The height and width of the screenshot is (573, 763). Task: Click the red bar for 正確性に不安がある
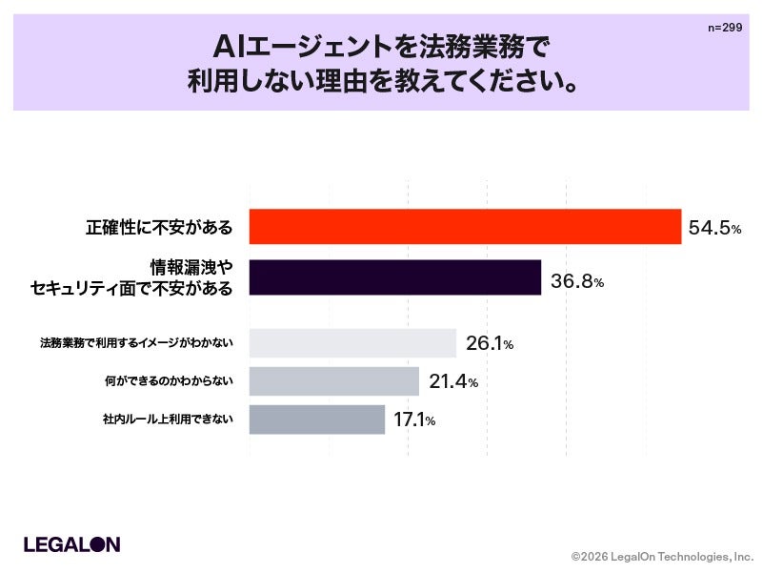pyautogui.click(x=465, y=227)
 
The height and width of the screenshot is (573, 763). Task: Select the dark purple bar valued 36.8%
pyautogui.click(x=395, y=277)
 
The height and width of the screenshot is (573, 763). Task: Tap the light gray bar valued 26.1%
pyautogui.click(x=352, y=343)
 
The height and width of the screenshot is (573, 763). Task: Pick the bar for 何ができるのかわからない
pyautogui.click(x=334, y=381)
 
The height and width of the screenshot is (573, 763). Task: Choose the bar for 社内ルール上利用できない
pyautogui.click(x=317, y=420)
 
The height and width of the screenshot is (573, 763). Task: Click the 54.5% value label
pyautogui.click(x=714, y=228)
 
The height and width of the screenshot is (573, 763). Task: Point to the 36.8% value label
pyautogui.click(x=577, y=280)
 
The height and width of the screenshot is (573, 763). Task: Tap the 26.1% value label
pyautogui.click(x=490, y=343)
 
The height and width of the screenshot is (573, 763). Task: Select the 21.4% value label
pyautogui.click(x=453, y=381)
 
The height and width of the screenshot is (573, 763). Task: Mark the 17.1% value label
pyautogui.click(x=414, y=420)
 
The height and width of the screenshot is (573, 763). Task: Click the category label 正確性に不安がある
pyautogui.click(x=159, y=228)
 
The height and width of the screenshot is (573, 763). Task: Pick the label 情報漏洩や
pyautogui.click(x=191, y=267)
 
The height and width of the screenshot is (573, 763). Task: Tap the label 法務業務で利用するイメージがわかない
pyautogui.click(x=136, y=343)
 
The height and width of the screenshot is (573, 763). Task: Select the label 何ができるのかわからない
pyautogui.click(x=169, y=381)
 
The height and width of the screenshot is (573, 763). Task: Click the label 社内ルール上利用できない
pyautogui.click(x=168, y=420)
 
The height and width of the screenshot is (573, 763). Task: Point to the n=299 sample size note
pyautogui.click(x=725, y=28)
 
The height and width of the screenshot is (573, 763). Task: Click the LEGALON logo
pyautogui.click(x=72, y=544)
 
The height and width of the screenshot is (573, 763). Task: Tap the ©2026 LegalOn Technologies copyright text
pyautogui.click(x=662, y=557)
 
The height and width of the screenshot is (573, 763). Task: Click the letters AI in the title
pyautogui.click(x=230, y=48)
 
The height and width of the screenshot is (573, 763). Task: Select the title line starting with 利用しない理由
pyautogui.click(x=383, y=81)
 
